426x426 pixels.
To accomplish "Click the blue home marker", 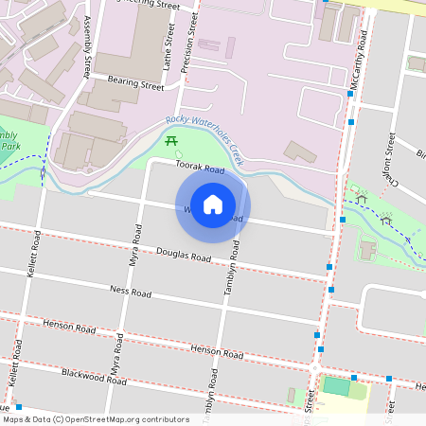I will pos(213,204).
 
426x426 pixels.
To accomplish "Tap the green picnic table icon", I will pos(172,141).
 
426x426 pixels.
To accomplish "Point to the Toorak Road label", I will pos(199,169).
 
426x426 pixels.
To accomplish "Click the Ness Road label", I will pos(131,292).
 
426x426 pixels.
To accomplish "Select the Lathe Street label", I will pos(166,51).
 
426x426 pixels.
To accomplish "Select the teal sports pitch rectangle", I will pos(336,385).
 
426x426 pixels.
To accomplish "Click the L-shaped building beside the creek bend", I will pos(301,151).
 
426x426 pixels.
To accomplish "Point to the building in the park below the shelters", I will pos(366,249).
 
